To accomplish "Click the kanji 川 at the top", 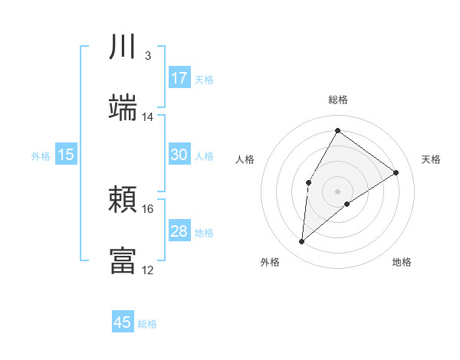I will click(x=123, y=47).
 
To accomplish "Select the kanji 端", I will click(x=123, y=107).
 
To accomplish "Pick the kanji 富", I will click(x=123, y=260).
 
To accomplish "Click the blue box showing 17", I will click(x=179, y=78).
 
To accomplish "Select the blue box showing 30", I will click(x=179, y=155).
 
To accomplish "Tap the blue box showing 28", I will click(x=179, y=231).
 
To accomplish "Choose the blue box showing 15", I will click(x=66, y=155).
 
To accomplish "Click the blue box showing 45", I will click(x=123, y=322).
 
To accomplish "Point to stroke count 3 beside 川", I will click(x=147, y=56).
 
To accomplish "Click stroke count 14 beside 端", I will click(x=148, y=117).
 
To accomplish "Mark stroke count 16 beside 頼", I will click(x=148, y=209).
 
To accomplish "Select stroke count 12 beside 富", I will click(x=148, y=270).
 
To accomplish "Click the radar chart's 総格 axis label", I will click(x=337, y=100).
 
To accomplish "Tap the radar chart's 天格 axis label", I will click(x=431, y=159).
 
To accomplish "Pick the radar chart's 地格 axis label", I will click(x=402, y=262).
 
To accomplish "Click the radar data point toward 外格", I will click(x=302, y=242).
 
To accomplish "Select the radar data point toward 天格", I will click(x=396, y=172).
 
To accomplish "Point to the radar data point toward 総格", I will click(x=337, y=130).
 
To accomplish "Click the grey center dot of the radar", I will click(x=337, y=191).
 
